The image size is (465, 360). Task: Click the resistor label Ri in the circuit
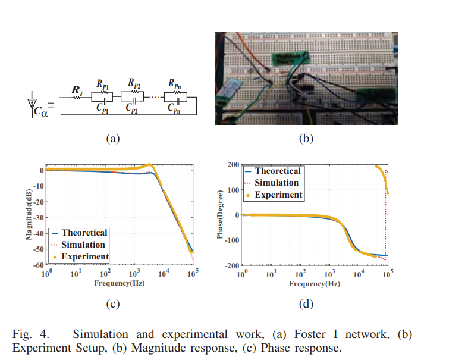pyautogui.click(x=77, y=90)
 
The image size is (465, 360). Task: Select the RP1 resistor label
pyautogui.click(x=103, y=86)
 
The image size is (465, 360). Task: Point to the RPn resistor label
pyautogui.click(x=175, y=86)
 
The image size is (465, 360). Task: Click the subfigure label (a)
pyautogui.click(x=112, y=139)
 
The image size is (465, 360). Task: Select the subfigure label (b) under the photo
pyautogui.click(x=305, y=139)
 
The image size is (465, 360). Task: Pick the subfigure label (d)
pyautogui.click(x=305, y=304)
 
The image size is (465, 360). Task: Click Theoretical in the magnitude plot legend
pyautogui.click(x=84, y=233)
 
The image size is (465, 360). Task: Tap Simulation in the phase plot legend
pyautogui.click(x=277, y=183)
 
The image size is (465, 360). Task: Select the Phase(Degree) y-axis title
pyautogui.click(x=221, y=214)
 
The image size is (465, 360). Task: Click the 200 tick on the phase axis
pyautogui.click(x=232, y=165)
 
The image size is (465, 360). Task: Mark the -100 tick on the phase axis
pyautogui.click(x=230, y=240)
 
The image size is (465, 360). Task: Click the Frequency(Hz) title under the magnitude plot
pyautogui.click(x=119, y=283)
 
